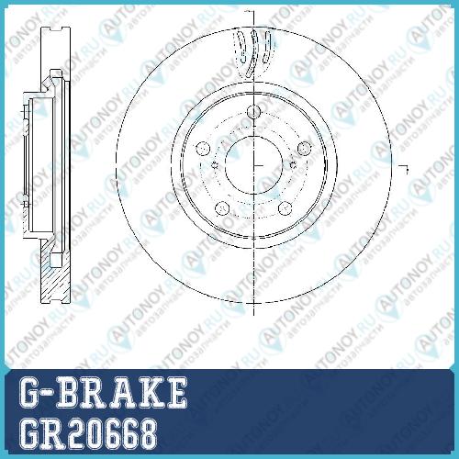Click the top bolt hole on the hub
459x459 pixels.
click(x=253, y=112)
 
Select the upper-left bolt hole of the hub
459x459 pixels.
click(x=203, y=149)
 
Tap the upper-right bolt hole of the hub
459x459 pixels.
click(x=305, y=148)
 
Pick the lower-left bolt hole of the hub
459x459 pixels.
click(x=222, y=208)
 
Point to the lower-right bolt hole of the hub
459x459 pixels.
click(x=285, y=208)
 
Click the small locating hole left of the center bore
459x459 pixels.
click(x=215, y=165)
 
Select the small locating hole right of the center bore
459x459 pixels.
click(x=293, y=165)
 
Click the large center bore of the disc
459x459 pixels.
click(x=253, y=165)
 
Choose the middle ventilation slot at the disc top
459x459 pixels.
click(x=253, y=52)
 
